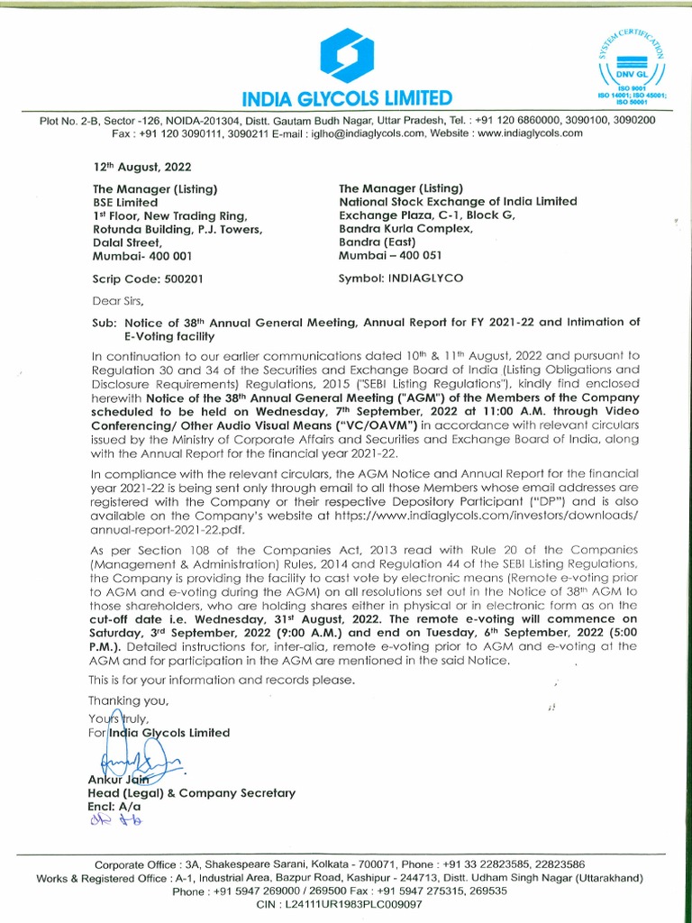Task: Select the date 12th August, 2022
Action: coord(142,168)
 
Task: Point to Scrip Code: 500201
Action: coord(148,279)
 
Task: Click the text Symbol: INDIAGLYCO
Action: coord(401,279)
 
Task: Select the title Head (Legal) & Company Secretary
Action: coord(191,793)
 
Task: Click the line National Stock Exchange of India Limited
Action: coord(458,202)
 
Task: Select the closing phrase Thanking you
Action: coord(129,700)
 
